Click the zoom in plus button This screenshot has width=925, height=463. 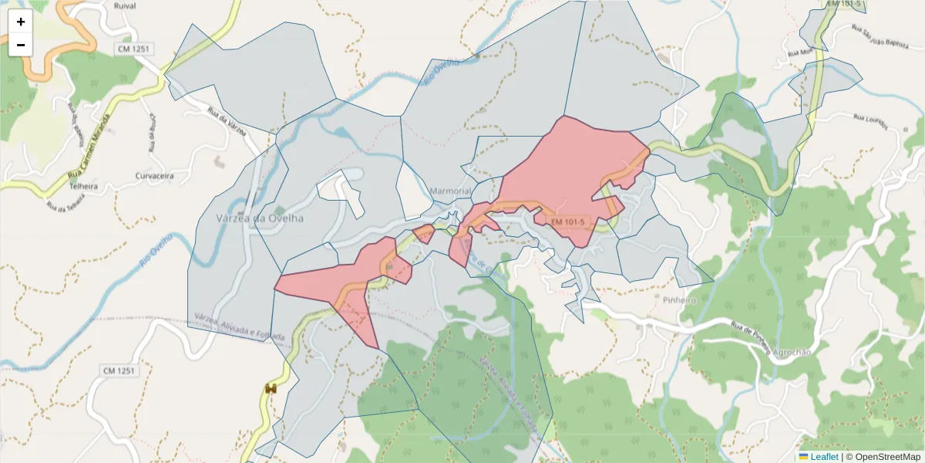click(x=21, y=22)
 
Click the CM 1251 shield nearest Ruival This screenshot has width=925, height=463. click(x=135, y=49)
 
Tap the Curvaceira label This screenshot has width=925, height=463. click(x=154, y=176)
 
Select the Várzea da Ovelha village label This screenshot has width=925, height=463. click(x=261, y=218)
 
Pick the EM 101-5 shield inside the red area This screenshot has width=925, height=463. click(x=568, y=222)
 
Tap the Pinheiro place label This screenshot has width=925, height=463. click(x=679, y=299)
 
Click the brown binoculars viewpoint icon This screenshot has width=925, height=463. click(x=271, y=389)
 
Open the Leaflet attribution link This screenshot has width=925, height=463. click(x=824, y=457)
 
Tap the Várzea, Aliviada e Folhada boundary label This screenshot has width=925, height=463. click(x=239, y=327)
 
